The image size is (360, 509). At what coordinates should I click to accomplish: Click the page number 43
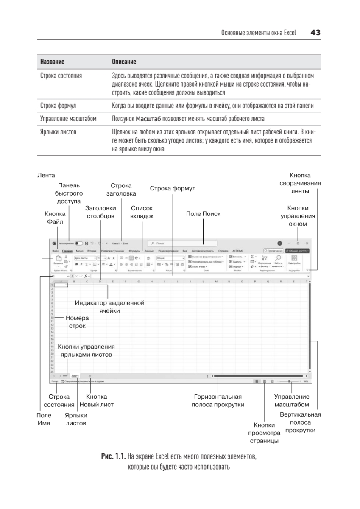tap(315, 33)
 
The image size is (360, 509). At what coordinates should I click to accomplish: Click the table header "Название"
tap(52, 62)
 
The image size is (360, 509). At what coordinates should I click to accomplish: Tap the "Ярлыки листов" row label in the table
tap(58, 132)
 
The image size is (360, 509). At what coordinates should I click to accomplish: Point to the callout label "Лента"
tap(46, 175)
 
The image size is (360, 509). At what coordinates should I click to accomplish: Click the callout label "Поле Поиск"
tap(203, 214)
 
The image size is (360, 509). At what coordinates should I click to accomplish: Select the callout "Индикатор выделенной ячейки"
tap(110, 307)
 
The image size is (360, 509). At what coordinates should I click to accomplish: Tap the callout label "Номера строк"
tap(77, 322)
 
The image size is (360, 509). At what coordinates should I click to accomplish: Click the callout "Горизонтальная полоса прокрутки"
tap(218, 400)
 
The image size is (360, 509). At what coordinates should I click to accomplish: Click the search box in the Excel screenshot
tap(182, 243)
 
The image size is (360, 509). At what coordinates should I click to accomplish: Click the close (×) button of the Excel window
tap(307, 243)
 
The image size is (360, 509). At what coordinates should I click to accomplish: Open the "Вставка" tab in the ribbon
tap(92, 251)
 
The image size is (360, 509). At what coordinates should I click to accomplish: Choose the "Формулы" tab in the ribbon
tap(134, 251)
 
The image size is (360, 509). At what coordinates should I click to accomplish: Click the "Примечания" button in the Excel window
tap(273, 251)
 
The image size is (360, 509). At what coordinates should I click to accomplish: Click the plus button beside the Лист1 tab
tap(90, 376)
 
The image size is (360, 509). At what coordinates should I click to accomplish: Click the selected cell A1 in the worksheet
tap(61, 285)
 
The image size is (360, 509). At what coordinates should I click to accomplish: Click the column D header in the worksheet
tap(100, 281)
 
